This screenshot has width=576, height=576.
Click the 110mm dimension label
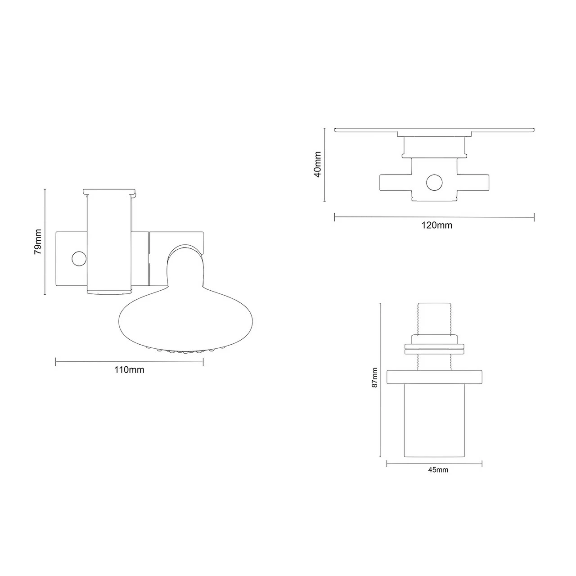point(129,370)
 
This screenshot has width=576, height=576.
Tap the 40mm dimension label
point(318,164)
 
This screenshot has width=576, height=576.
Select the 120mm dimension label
point(437,225)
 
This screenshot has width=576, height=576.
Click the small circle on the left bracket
point(79,258)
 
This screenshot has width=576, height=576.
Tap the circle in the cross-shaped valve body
point(434,182)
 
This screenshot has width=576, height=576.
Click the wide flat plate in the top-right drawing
point(434,130)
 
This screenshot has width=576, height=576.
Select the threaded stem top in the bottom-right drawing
point(434,317)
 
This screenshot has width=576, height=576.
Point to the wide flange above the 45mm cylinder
point(434,377)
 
